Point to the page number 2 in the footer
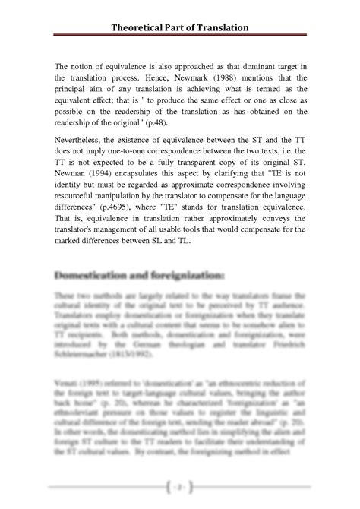[179, 485]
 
